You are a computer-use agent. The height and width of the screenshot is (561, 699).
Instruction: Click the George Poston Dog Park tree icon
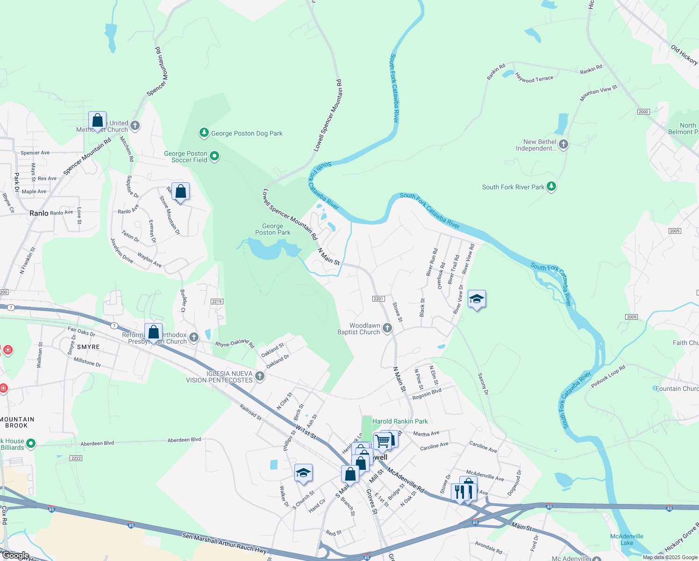(204, 133)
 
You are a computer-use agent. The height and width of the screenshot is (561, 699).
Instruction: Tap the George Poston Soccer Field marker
(214, 156)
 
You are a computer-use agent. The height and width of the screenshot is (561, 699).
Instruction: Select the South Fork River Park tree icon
(551, 187)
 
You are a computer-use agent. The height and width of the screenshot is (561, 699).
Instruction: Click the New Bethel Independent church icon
(563, 144)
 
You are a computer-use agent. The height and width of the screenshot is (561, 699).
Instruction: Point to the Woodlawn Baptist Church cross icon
(387, 328)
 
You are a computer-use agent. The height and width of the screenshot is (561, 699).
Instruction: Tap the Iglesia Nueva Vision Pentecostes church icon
(260, 376)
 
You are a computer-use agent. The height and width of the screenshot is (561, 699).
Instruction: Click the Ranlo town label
(39, 213)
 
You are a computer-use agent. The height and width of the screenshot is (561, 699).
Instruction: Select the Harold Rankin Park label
(400, 421)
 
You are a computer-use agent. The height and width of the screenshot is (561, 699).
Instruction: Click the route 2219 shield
(217, 302)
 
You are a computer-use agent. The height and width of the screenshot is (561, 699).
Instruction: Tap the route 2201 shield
(378, 299)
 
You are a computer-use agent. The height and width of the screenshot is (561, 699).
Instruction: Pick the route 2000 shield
(643, 112)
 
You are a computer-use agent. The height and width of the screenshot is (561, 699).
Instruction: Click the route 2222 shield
(76, 458)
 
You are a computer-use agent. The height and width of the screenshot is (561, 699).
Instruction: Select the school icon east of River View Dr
(476, 299)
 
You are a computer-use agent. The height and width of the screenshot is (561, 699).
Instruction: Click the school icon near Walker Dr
(303, 474)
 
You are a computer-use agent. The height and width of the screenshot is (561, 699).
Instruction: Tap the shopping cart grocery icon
(382, 440)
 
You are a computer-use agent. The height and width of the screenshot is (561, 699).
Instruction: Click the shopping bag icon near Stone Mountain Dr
(180, 192)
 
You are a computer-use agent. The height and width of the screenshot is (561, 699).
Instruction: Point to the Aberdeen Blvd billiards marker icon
(31, 443)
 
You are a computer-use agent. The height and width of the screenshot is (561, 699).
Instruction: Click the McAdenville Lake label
(627, 539)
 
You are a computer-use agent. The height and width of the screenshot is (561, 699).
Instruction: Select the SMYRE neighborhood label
(88, 347)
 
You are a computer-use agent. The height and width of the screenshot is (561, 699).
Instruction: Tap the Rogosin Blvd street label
(427, 394)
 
